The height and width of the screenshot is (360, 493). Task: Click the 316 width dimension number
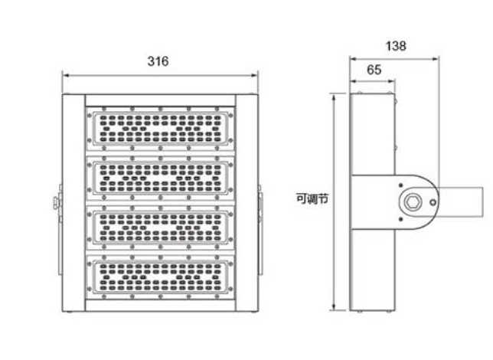(158, 61)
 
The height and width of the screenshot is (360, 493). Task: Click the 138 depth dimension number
(396, 46)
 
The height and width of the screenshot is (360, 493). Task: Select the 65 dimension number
(374, 70)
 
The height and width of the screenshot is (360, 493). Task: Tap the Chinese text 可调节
(312, 199)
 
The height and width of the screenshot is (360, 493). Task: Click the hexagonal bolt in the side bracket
(413, 201)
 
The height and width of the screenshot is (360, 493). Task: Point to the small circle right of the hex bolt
(433, 202)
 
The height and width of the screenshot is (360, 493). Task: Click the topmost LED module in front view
(160, 128)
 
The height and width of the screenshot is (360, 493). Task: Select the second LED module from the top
(160, 178)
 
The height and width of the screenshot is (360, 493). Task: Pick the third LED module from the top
(160, 227)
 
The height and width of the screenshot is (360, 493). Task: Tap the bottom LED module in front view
(160, 277)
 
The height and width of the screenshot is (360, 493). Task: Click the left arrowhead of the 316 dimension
(65, 75)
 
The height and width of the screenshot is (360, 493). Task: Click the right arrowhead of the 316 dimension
(255, 75)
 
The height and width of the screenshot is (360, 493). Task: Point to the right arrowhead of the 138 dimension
(436, 58)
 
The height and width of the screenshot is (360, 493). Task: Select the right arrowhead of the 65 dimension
(391, 81)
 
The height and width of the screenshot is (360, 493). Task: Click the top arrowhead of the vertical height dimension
(334, 97)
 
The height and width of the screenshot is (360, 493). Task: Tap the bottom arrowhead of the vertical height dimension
(334, 307)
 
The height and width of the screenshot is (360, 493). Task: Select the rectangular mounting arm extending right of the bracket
(460, 201)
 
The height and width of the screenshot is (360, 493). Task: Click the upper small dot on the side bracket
(400, 185)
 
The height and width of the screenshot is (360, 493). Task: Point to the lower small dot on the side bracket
(400, 219)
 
